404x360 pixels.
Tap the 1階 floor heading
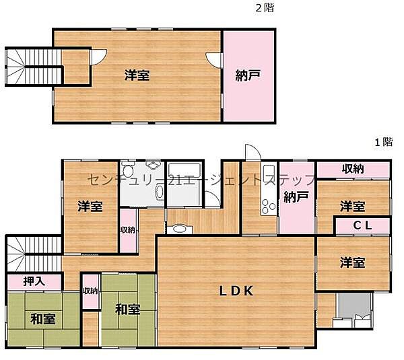point(383,142)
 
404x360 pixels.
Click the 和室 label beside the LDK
point(127,310)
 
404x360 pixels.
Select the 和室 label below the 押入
point(44,320)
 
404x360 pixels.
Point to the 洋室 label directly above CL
point(353,206)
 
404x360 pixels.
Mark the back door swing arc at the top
point(250,153)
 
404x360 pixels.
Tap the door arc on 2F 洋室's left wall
point(98,58)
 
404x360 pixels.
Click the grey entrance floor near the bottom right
point(353,309)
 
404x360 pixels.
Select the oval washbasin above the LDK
point(180,229)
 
